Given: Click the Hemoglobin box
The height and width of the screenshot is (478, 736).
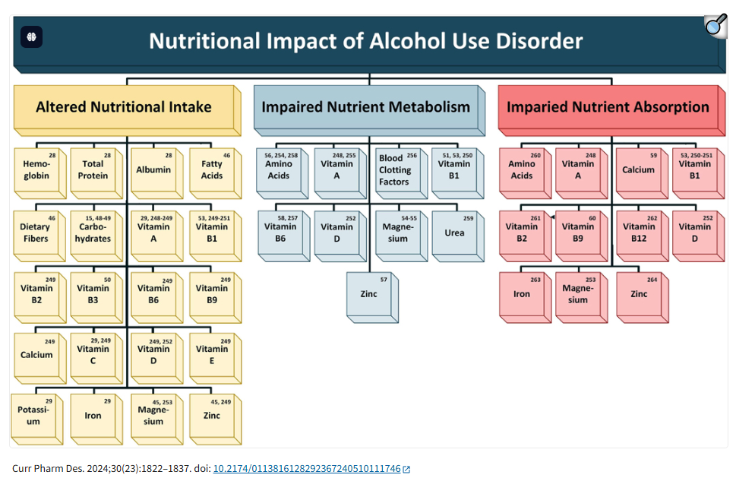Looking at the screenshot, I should (36, 169).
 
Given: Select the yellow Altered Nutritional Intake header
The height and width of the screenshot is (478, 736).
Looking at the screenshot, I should (124, 107).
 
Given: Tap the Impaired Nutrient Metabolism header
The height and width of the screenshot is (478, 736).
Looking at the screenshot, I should (365, 106).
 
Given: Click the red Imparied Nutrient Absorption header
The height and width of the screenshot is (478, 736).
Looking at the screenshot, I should (607, 107).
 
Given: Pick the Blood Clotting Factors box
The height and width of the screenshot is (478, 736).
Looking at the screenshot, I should (396, 170).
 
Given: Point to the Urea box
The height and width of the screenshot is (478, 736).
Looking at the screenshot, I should (454, 233).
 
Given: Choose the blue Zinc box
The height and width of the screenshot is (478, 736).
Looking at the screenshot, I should (368, 293).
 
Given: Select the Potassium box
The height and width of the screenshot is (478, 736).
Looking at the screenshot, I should (33, 416).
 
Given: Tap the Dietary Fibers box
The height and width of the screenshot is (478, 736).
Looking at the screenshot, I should (36, 233).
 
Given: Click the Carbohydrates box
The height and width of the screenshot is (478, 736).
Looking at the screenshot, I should (93, 233).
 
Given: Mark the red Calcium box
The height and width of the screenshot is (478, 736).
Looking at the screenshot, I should (639, 170).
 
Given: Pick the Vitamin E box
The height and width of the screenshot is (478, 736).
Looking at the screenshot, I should (211, 355).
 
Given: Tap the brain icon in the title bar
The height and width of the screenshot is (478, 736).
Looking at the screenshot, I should (32, 36).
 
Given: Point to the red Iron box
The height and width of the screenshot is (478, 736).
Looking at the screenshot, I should (522, 293).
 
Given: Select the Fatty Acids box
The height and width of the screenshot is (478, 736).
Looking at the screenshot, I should (211, 169).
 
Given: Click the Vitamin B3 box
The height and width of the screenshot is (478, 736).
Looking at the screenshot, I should (93, 293).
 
